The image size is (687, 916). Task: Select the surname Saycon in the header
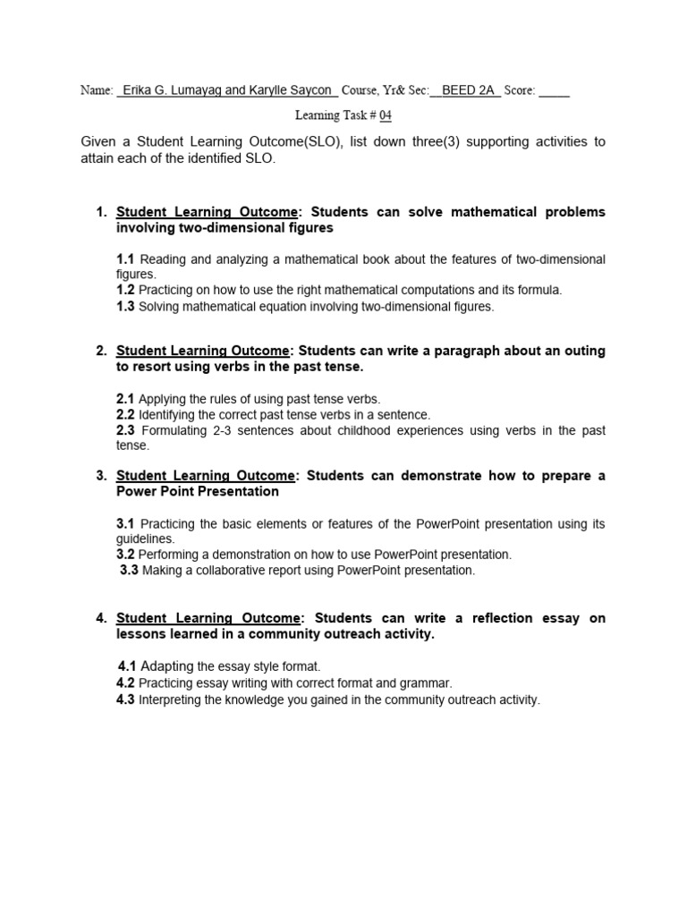(310, 90)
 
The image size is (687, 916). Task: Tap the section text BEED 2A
(471, 90)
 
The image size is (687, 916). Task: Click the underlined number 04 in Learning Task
(385, 115)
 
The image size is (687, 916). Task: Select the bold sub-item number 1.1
(125, 259)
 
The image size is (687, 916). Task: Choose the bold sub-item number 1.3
(125, 306)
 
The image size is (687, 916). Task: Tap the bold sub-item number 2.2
(125, 414)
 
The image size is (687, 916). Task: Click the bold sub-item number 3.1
(125, 523)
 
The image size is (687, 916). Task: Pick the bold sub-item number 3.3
(129, 570)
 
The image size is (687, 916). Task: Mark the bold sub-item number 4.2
(125, 683)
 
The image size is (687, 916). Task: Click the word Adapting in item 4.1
(167, 666)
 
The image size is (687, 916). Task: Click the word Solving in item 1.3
(157, 306)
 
